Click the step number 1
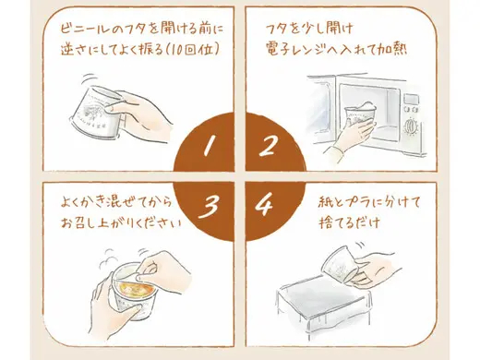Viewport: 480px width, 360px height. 209,146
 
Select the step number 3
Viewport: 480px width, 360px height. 209,208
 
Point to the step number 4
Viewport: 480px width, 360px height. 264,204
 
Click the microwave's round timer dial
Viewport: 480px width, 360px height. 410,126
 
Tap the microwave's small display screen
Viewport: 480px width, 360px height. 411,99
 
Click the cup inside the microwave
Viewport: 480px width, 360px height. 359,117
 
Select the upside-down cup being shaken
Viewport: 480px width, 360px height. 96,112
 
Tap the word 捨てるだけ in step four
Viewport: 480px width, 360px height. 349,222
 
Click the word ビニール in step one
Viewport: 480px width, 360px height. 83,29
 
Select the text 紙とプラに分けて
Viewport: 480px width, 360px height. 369,203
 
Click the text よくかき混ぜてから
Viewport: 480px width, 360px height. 116,203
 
